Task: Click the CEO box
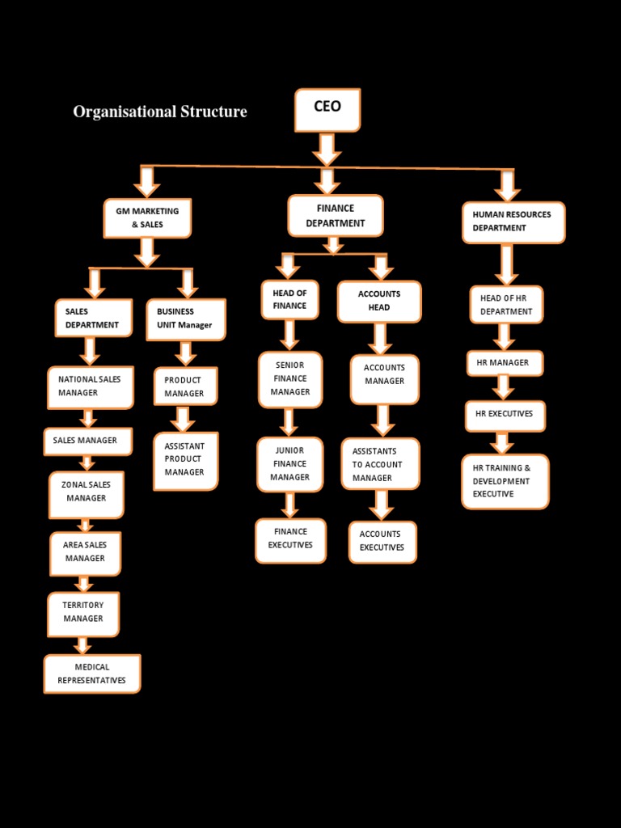tap(327, 110)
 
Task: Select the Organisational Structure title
tap(160, 112)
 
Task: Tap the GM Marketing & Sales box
tap(148, 218)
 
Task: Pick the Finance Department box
tap(336, 215)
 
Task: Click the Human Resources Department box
tap(513, 222)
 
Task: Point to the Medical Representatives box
tap(92, 674)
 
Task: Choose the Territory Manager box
tap(83, 612)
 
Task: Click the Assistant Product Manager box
tap(186, 460)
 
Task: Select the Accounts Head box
tap(379, 301)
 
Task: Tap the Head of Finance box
tap(289, 299)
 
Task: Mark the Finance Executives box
tap(291, 539)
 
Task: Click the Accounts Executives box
tap(382, 541)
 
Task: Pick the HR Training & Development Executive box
tap(505, 481)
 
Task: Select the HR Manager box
tap(505, 363)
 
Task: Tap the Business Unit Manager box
tap(186, 319)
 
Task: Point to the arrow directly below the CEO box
tap(327, 150)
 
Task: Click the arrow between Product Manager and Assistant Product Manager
tap(184, 419)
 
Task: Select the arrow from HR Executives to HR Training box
tap(502, 442)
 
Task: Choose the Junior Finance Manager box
tap(290, 464)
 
